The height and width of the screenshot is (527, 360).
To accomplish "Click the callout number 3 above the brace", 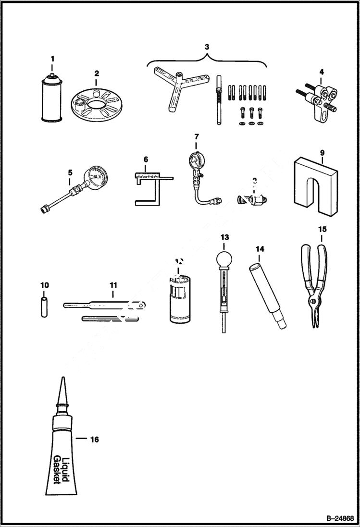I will click(x=207, y=47).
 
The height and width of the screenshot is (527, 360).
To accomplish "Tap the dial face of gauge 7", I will click(x=196, y=159).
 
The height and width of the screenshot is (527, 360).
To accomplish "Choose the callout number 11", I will click(x=113, y=285).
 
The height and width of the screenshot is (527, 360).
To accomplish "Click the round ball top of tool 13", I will click(x=224, y=259).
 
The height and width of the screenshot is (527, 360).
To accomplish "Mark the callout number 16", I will click(x=94, y=439).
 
